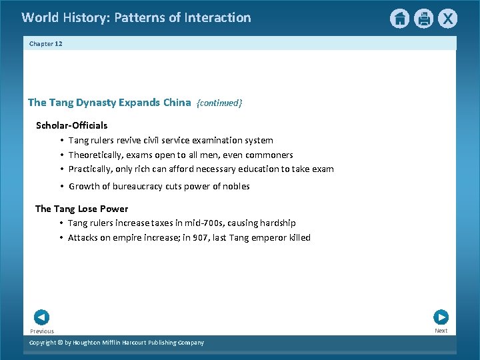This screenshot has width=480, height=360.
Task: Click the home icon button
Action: tap(399, 19)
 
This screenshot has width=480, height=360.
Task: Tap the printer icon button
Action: tap(423, 19)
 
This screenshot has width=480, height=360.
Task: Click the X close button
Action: tap(447, 19)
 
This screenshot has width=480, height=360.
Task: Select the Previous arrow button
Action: tap(41, 318)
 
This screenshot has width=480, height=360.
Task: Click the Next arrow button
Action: tap(441, 317)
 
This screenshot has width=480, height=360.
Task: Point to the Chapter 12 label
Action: tap(45, 43)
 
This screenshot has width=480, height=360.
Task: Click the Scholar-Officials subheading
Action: tap(71, 125)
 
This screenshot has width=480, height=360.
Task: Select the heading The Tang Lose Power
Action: tap(81, 209)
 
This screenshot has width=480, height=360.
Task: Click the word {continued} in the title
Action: tap(219, 103)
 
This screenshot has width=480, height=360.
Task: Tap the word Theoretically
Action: tap(94, 155)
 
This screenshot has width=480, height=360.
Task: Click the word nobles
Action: tap(235, 187)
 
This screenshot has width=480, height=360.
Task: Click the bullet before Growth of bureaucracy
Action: tap(61, 187)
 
